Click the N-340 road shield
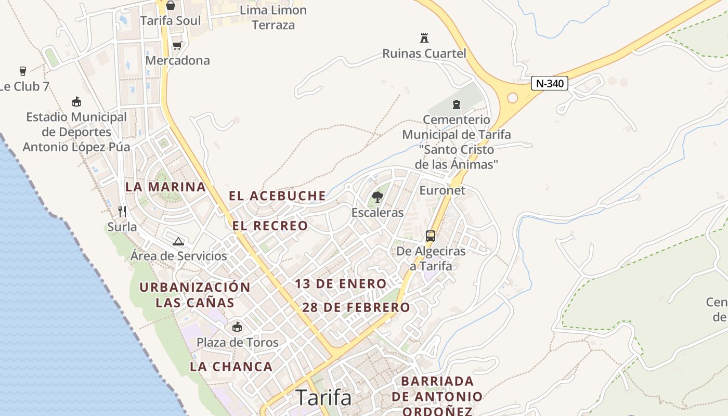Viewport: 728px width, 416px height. point(550,83)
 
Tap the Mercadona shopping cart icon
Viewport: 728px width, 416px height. point(177,45)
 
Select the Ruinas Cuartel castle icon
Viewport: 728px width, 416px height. point(424,37)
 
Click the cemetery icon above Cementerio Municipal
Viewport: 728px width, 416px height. point(457,104)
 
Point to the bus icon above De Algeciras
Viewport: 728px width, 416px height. point(431,236)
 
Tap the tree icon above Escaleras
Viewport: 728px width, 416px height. point(378,197)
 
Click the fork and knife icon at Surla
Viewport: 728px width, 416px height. point(122,211)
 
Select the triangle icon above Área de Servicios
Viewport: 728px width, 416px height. point(178,241)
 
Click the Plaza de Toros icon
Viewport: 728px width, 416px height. point(237,327)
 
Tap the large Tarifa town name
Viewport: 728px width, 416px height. point(323,398)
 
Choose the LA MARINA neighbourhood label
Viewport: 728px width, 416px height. point(166,187)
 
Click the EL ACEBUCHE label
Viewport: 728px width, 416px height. point(277,196)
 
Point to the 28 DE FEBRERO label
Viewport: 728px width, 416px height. point(356,307)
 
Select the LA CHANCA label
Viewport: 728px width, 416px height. point(231,367)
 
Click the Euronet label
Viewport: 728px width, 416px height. point(442,190)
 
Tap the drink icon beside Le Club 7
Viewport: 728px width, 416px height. point(22,71)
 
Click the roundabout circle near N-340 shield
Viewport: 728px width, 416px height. point(512,98)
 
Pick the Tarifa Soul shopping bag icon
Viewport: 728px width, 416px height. point(171,6)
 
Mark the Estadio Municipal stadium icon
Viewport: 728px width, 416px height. point(76,101)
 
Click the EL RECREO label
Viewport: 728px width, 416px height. point(270,226)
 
